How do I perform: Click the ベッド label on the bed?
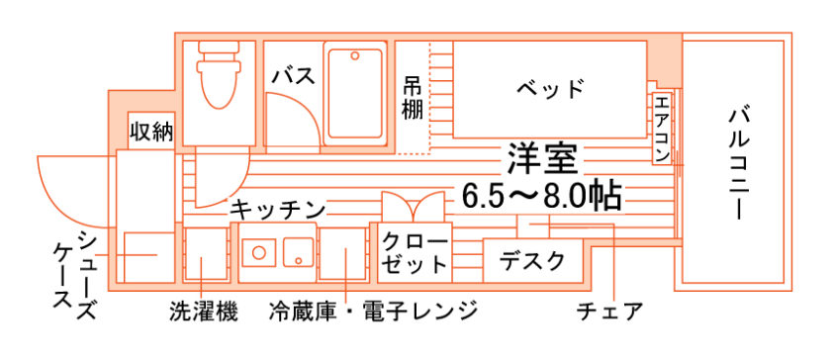[x=550, y=89]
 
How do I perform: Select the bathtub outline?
[x=354, y=94]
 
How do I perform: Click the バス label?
[x=293, y=76]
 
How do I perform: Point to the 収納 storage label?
[x=151, y=131]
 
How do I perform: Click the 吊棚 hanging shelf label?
[x=413, y=97]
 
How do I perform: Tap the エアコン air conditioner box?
[x=662, y=129]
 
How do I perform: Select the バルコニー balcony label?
[x=737, y=164]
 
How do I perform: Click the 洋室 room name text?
[x=542, y=158]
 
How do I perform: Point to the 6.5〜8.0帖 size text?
[x=541, y=197]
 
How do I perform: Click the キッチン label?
[x=278, y=209]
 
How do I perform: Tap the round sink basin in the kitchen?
[x=258, y=252]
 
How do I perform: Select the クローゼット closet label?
[x=415, y=253]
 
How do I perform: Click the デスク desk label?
[x=532, y=261]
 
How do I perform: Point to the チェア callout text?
[x=609, y=312]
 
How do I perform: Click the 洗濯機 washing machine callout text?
[x=204, y=312]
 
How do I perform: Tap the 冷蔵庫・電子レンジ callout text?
[x=373, y=311]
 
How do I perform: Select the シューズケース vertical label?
[x=75, y=276]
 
